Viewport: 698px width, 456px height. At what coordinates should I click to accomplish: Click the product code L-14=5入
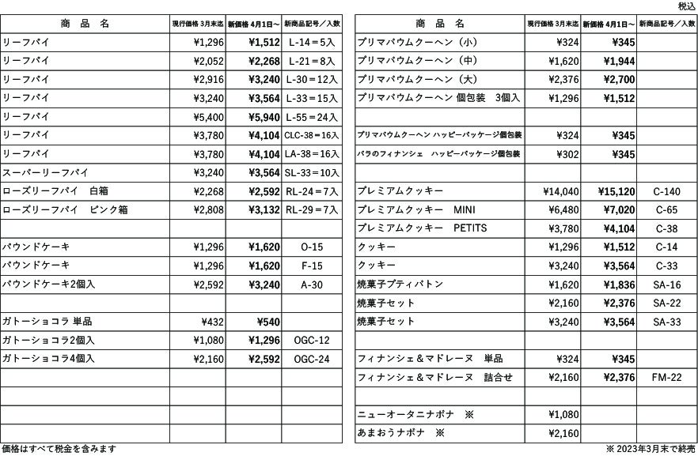311,41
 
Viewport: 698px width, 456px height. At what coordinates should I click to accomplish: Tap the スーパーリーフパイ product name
45,173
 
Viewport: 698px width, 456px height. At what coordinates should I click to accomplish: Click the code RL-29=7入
311,210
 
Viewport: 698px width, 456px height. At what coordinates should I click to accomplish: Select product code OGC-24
311,359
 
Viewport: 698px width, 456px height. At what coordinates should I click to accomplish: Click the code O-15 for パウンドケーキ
311,247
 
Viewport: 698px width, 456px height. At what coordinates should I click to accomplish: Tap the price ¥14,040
561,192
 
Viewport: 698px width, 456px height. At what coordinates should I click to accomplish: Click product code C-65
666,210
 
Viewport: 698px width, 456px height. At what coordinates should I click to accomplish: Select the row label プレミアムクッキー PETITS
422,229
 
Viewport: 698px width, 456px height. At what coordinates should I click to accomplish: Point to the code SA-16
666,285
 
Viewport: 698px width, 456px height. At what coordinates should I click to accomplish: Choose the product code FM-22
666,378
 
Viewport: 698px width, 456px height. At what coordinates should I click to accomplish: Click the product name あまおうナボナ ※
396,434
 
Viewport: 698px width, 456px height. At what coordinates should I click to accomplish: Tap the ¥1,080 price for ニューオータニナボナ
563,415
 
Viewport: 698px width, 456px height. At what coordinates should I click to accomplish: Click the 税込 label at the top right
687,6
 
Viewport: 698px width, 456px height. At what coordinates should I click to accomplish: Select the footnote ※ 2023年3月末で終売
651,449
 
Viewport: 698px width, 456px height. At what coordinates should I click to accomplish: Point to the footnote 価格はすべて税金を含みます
59,449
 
